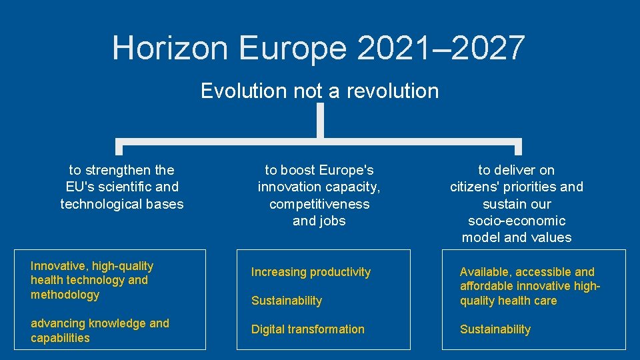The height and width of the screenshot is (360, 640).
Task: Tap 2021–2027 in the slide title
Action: pyautogui.click(x=441, y=48)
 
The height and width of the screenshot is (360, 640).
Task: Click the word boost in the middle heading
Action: pyautogui.click(x=298, y=170)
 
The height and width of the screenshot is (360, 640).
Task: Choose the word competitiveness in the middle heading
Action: pyautogui.click(x=319, y=204)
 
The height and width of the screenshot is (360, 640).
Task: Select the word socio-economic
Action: pyautogui.click(x=517, y=221)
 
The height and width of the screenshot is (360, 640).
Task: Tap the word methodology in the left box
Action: pyautogui.click(x=65, y=295)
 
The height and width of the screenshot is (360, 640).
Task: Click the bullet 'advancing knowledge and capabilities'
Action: pyautogui.click(x=100, y=331)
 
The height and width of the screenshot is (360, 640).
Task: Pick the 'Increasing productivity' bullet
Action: pyautogui.click(x=311, y=272)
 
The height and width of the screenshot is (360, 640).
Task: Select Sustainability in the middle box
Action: pyautogui.click(x=287, y=301)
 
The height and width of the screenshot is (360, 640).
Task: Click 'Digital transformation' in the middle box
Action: pyautogui.click(x=308, y=329)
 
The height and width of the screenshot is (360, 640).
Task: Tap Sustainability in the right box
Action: pyautogui.click(x=495, y=329)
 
